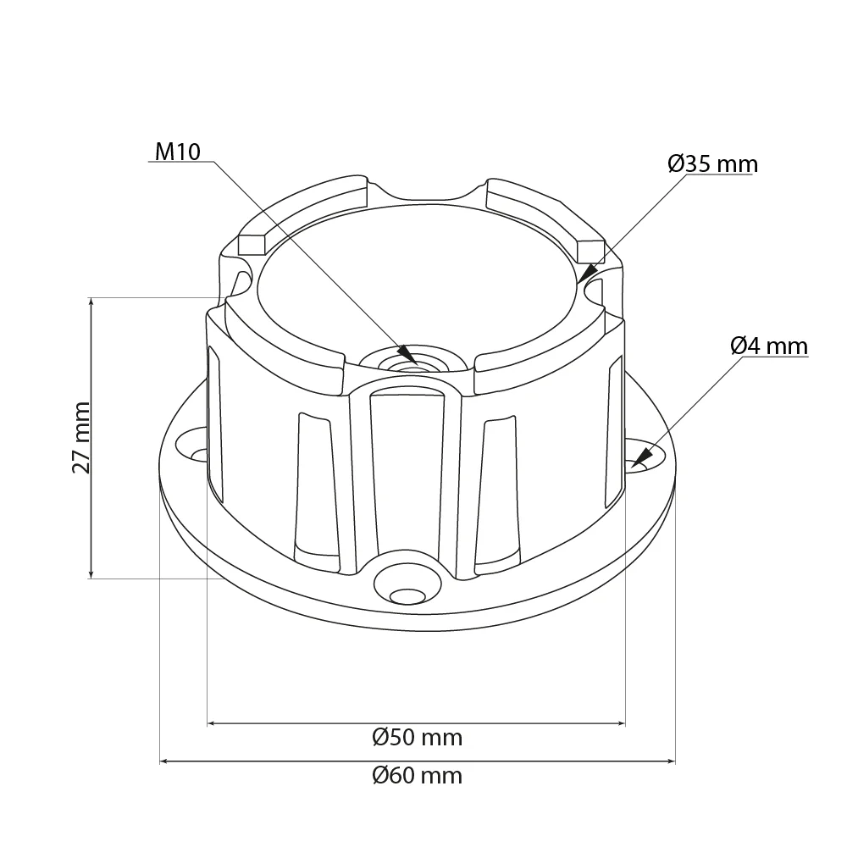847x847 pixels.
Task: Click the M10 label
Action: click(x=177, y=152)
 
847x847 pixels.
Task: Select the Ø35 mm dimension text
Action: click(x=711, y=163)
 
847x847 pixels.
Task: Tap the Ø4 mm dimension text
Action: click(x=768, y=346)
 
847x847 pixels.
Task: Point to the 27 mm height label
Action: click(x=80, y=437)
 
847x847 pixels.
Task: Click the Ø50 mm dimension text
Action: click(x=417, y=738)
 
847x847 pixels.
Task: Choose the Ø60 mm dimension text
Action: click(x=417, y=775)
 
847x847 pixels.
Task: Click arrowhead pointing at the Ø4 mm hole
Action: click(x=640, y=460)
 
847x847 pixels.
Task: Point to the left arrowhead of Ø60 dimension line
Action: click(x=166, y=761)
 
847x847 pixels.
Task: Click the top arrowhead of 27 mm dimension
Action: click(x=91, y=304)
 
